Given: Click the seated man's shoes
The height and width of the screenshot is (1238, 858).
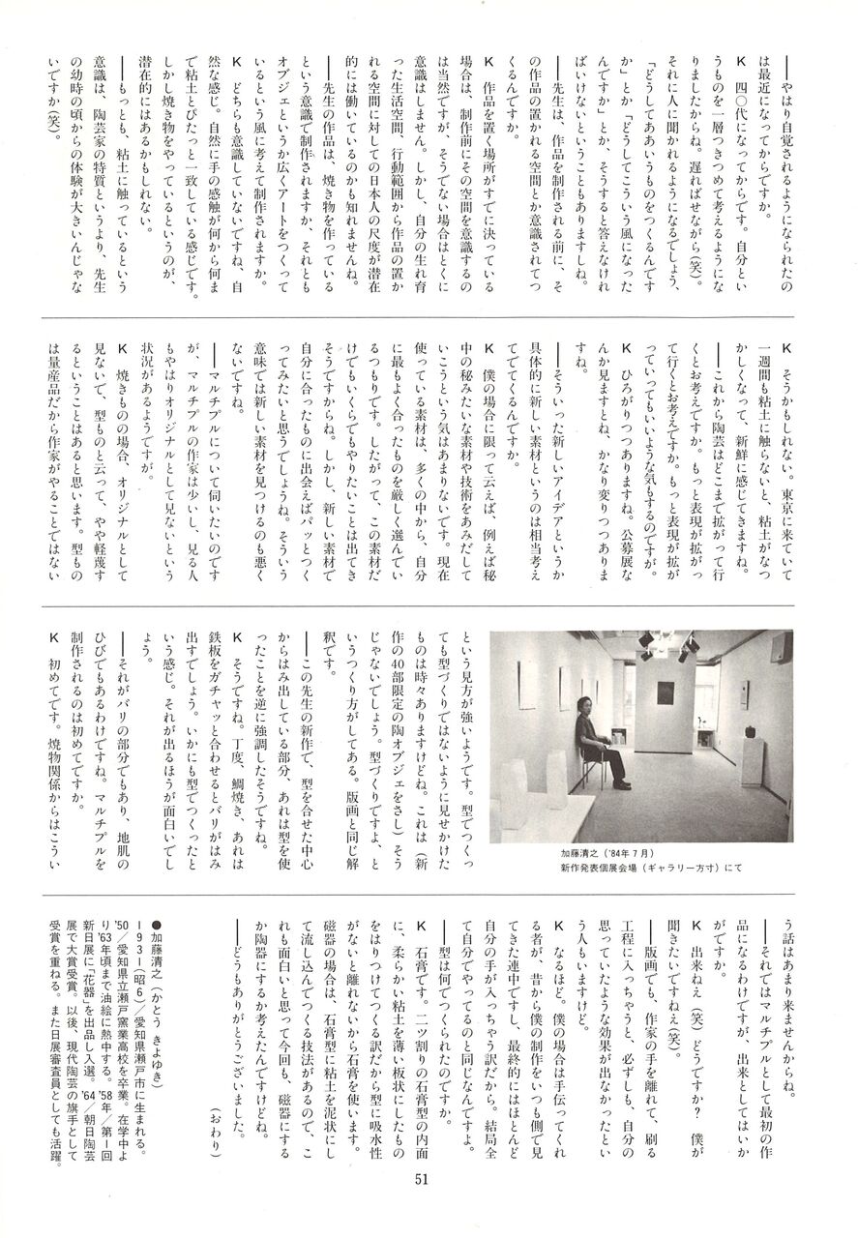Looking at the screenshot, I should (x=619, y=783).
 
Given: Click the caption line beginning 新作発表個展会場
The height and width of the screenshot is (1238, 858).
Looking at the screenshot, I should (x=651, y=869).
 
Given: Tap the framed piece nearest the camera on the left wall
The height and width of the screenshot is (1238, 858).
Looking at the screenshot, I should (x=527, y=683).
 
